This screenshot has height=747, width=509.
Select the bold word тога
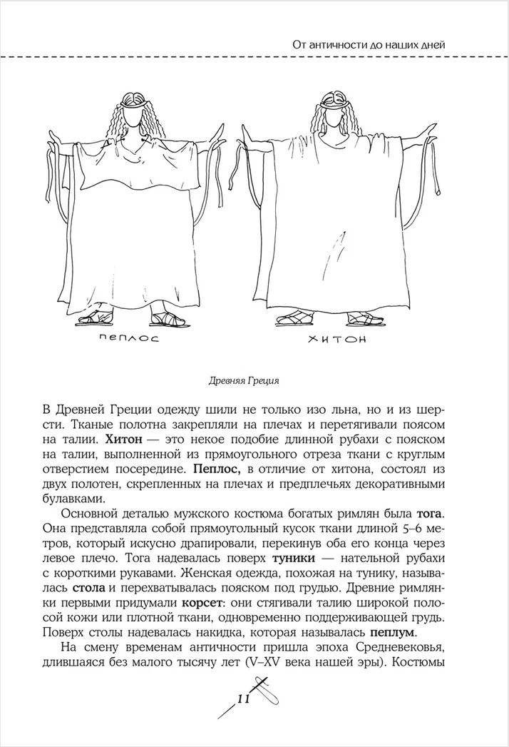[431, 514]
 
